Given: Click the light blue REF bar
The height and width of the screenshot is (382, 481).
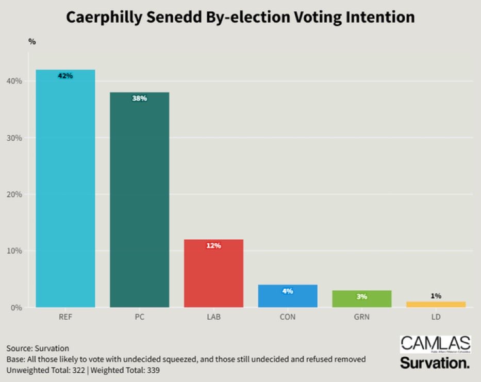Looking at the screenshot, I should point(65,191).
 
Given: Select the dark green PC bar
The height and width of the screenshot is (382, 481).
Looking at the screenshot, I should point(139,201).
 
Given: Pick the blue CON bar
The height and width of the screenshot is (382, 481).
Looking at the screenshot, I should point(288,297).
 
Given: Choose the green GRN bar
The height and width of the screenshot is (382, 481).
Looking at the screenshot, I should point(361,300).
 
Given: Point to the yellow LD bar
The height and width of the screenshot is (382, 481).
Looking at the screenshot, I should point(436,305).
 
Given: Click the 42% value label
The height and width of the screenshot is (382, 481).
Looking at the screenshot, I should point(65,76).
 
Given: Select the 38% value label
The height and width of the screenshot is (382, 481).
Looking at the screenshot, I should point(139,98).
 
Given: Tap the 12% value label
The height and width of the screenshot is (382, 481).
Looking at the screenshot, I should point(213,246).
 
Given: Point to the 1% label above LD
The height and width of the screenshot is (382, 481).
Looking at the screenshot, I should point(436,296).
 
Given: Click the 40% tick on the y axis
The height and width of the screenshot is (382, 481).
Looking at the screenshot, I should point(14,81).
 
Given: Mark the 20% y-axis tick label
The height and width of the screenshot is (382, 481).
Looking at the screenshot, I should point(14,194).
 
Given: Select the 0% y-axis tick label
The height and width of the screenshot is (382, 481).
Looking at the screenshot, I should point(16,308).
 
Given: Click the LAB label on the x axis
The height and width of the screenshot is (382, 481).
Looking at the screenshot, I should point(213,317).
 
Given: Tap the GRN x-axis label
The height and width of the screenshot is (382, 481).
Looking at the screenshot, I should point(361,317).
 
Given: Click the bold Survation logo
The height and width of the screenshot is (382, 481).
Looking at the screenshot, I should point(435,362).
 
